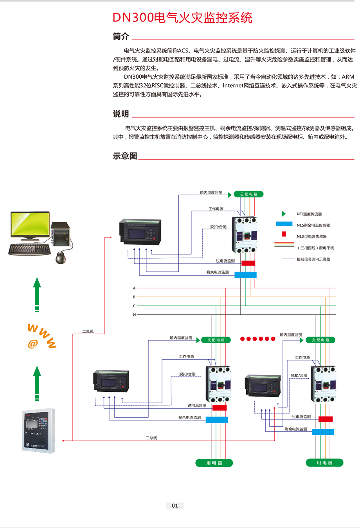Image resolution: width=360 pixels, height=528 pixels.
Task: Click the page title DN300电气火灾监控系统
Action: tap(182, 18)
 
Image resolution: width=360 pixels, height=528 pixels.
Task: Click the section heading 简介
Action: tap(121, 36)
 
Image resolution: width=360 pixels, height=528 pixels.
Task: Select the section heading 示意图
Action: tap(125, 156)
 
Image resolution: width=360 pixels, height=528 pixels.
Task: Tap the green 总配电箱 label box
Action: tap(248, 194)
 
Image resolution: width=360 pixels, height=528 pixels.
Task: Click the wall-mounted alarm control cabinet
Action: tap(38, 431)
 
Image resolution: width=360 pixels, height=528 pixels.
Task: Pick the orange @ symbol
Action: tap(33, 344)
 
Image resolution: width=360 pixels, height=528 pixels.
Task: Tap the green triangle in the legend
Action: tap(284, 214)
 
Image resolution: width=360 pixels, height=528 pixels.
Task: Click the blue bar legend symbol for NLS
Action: tap(284, 224)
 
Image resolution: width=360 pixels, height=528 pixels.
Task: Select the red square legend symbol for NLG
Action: tap(284, 234)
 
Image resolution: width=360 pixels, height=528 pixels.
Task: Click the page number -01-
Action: tap(175, 505)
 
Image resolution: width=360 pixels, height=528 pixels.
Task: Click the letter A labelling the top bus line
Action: tap(134, 288)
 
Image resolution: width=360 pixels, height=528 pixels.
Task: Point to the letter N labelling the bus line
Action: tap(134, 315)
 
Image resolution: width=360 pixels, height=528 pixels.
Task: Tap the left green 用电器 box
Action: tap(214, 463)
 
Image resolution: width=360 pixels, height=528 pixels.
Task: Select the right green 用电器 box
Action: tap(324, 463)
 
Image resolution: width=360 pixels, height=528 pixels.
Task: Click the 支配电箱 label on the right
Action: tap(320, 340)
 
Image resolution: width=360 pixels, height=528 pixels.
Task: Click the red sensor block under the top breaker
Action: tap(248, 263)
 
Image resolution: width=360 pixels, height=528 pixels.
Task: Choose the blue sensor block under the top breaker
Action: tap(245, 275)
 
